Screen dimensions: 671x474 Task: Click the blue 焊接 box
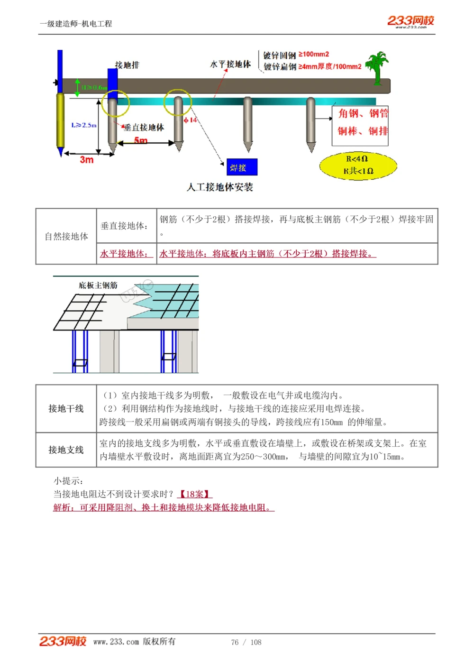pyautogui.click(x=242, y=167)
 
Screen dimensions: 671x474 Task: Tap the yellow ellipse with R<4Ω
pyautogui.click(x=358, y=165)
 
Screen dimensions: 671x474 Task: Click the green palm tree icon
pyautogui.click(x=377, y=67)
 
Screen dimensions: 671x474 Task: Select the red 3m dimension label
pyautogui.click(x=87, y=160)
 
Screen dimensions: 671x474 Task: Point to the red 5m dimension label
pyautogui.click(x=141, y=140)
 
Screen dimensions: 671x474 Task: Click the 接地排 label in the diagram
pyautogui.click(x=127, y=65)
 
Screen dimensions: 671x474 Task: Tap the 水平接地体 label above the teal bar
pyautogui.click(x=230, y=64)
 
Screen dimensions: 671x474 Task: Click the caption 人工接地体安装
pyautogui.click(x=220, y=187)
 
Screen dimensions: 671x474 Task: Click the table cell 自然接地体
pyautogui.click(x=66, y=236)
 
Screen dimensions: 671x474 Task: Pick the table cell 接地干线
pyautogui.click(x=66, y=408)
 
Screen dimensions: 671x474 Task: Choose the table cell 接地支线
pyautogui.click(x=66, y=450)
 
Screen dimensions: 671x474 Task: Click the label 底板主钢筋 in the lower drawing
pyautogui.click(x=98, y=285)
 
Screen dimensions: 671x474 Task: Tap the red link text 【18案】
pyautogui.click(x=194, y=494)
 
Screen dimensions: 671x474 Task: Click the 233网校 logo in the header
pyautogui.click(x=410, y=21)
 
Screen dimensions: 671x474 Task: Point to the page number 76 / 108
pyautogui.click(x=246, y=642)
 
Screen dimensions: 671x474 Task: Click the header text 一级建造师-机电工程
pyautogui.click(x=76, y=24)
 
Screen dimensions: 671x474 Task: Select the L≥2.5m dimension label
pyautogui.click(x=84, y=125)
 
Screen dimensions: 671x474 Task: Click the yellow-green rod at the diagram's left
pyautogui.click(x=61, y=121)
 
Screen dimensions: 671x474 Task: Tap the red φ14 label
pyautogui.click(x=191, y=120)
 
